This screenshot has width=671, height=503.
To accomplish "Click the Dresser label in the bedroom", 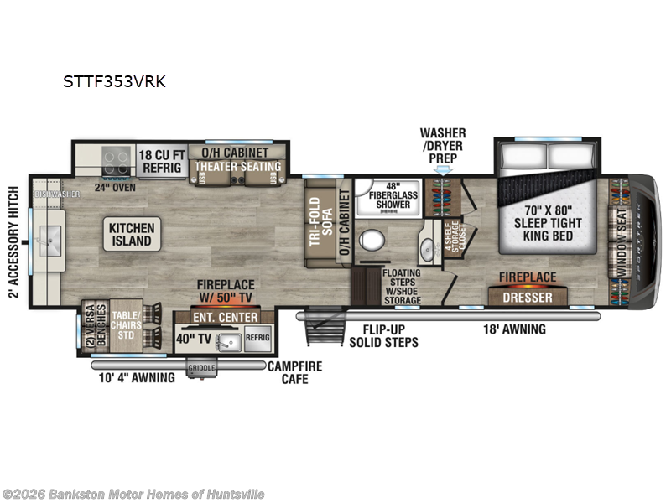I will [x=528, y=298].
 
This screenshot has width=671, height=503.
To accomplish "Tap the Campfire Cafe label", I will [x=294, y=372].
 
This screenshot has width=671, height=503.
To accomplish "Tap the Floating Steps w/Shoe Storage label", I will [x=402, y=286].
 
